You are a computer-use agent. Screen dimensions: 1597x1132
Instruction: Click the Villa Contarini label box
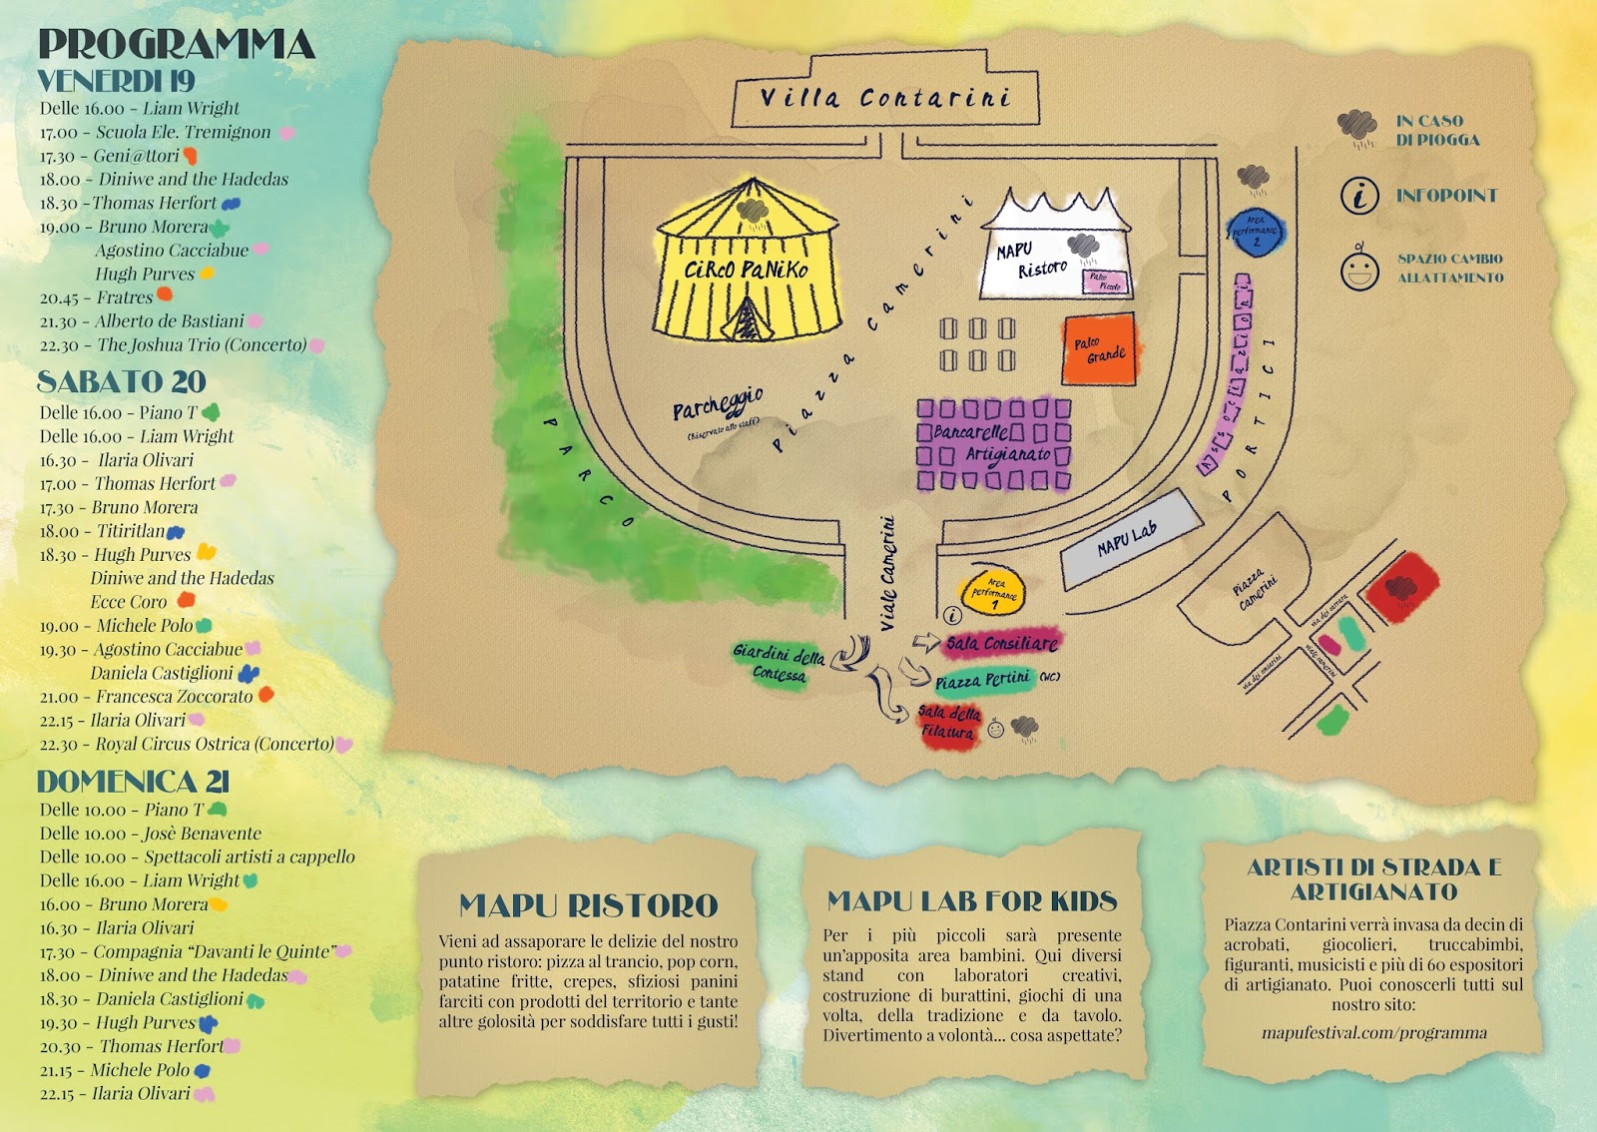[885, 98]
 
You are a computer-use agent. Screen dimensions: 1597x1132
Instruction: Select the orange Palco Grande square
[1099, 349]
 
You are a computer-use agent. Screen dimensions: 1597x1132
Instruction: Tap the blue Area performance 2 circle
[1255, 233]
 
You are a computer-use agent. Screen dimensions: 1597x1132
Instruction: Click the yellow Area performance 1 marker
[993, 591]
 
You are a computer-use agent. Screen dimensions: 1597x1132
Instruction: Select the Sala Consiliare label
[1001, 644]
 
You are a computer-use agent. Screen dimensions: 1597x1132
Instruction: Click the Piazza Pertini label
[983, 681]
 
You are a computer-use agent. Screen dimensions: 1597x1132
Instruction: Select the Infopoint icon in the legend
[1359, 196]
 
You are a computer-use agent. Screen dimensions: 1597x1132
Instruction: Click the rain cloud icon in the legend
[1357, 128]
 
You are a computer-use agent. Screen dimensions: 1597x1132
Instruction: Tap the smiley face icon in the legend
[1359, 269]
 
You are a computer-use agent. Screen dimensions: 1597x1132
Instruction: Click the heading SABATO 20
[122, 381]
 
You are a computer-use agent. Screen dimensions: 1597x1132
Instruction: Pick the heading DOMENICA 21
[133, 781]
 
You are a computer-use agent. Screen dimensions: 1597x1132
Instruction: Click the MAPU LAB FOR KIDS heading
[971, 901]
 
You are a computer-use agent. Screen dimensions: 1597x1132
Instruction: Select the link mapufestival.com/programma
[1373, 1032]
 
